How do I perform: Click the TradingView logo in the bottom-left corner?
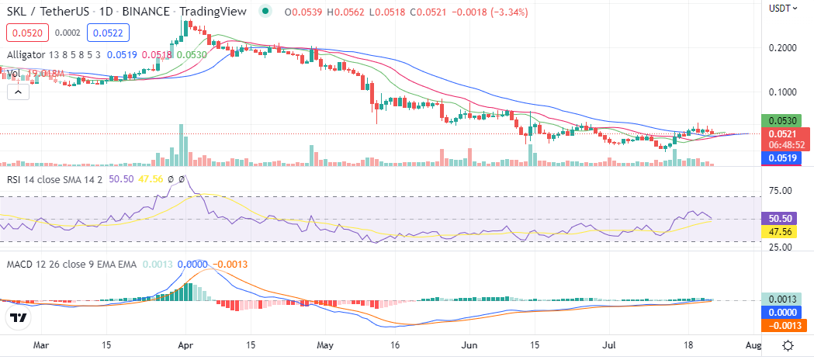[19, 317]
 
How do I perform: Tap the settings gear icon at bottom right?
[788, 345]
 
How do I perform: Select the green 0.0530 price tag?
[785, 121]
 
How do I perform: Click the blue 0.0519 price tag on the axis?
[785, 157]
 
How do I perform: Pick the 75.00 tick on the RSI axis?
[782, 190]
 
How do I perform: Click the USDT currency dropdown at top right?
[781, 8]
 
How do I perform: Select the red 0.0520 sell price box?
[28, 33]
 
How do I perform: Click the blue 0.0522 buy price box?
[107, 33]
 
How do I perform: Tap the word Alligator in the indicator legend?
[30, 54]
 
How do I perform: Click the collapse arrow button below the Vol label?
[18, 92]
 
